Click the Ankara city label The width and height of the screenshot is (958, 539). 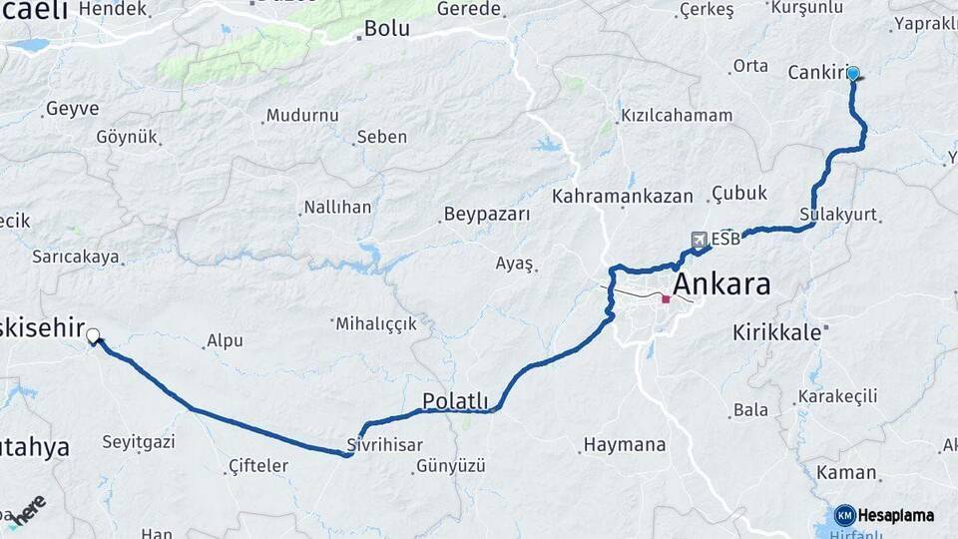pos(721,284)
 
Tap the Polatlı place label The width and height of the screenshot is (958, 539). pos(455,401)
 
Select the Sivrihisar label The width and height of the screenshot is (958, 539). pos(385,445)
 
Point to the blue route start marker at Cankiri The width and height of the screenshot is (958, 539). pos(853,73)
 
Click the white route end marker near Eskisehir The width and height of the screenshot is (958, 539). pos(93,336)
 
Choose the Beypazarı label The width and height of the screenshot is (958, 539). pos(486,215)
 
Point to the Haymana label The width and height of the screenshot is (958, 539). pos(624,444)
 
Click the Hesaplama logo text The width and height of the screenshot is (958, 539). pos(895,515)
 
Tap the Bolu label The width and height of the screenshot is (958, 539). pos(386,28)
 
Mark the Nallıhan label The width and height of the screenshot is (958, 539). pos(337,208)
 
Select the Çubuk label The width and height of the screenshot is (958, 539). pos(739,193)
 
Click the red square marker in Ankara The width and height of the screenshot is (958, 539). pos(666,298)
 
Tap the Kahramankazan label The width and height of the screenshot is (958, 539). pos(622,196)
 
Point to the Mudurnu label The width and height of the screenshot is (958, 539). pos(302,115)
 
